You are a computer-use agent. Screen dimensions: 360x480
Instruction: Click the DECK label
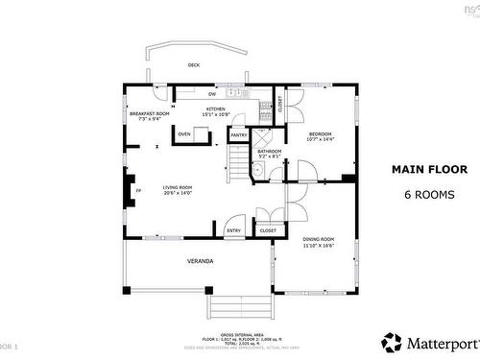coord(194,65)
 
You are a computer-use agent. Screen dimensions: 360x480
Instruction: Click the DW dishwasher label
coord(212,94)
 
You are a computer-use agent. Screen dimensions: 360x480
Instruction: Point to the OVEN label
coord(183,134)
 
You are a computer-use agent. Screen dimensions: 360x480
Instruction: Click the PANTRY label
coord(238,135)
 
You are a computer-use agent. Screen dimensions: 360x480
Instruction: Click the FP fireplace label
coord(138,191)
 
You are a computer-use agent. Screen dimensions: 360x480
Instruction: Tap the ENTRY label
coord(233,230)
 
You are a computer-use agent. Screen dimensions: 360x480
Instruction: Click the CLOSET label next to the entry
coord(268,230)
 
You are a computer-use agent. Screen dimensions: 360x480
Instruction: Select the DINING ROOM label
coord(319,241)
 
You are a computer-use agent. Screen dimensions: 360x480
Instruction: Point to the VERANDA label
coord(200,260)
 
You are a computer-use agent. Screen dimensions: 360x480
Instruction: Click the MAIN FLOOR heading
coord(427,169)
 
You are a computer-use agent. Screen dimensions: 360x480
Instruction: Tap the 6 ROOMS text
coord(427,194)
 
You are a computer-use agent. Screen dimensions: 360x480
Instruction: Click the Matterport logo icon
coord(392,341)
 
